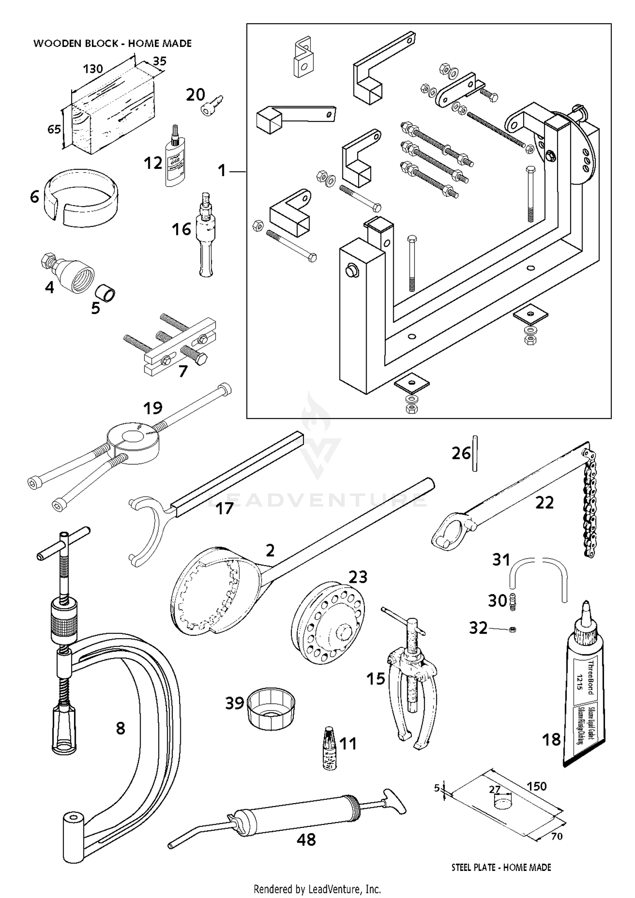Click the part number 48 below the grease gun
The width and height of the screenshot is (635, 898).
coord(306,840)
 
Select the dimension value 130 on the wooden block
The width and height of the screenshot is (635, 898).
coord(93,69)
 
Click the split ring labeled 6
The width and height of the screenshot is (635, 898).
coord(80,197)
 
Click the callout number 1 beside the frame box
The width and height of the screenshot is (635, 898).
coord(222,171)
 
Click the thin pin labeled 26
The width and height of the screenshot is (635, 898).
coord(475,453)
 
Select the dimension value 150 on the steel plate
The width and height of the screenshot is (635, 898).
coord(536,786)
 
